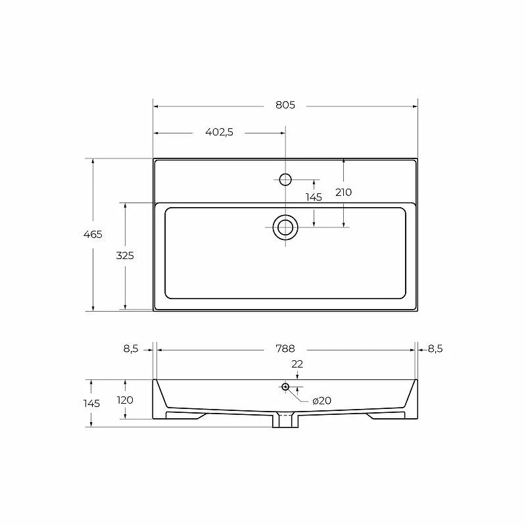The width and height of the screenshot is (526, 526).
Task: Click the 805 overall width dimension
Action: pos(285,105)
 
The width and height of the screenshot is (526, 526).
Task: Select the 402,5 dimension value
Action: pos(219,132)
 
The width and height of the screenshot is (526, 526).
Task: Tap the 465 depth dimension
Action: pos(93,234)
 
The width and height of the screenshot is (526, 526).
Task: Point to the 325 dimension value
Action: pos(125,256)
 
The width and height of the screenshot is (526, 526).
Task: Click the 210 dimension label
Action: pos(343,192)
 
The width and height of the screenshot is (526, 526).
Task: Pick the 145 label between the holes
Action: pos(314,197)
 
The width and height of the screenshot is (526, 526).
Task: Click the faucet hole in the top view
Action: pos(285,179)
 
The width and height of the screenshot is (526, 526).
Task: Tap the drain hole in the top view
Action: pos(285,227)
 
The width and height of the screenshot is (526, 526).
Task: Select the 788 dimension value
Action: pos(285,349)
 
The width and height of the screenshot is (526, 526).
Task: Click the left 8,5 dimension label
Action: pos(131,349)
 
